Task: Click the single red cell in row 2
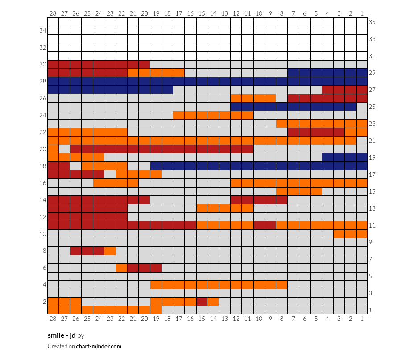coord(202,302)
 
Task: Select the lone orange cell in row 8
coord(110,251)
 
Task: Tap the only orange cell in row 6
coord(121,268)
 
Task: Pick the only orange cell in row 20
coord(53,149)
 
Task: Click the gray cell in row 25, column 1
coord(362,107)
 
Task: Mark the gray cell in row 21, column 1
coord(362,141)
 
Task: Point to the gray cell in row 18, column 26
coord(76,166)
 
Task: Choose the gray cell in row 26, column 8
coord(282,99)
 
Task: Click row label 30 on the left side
coord(43,64)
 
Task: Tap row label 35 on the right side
coord(372,22)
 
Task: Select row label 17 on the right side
coord(372,174)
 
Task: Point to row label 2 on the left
coord(45,302)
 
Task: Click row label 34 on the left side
coord(43,30)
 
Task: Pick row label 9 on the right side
coord(370,242)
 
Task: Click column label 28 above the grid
coord(53,13)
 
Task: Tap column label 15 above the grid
coord(202,13)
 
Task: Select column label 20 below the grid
coord(145,319)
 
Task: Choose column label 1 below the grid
coord(362,319)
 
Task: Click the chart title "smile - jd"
coord(62,335)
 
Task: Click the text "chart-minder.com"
coord(99,347)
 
